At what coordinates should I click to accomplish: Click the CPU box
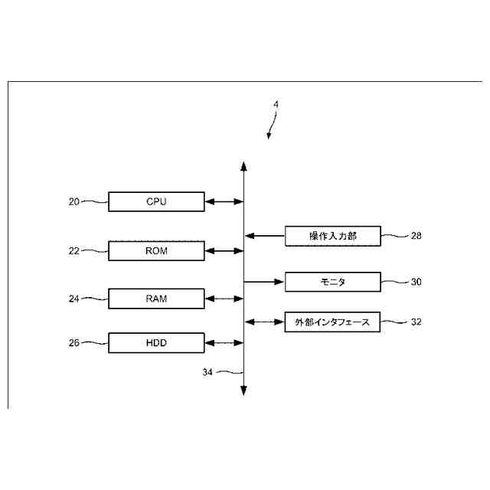156,201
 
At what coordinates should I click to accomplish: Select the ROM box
156,250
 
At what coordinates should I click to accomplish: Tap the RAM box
156,299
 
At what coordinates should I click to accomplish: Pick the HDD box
156,342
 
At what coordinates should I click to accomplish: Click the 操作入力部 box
332,236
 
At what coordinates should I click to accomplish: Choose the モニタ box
332,282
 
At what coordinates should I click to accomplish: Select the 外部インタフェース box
332,322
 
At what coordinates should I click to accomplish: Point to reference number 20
73,201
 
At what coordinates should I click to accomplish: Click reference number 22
73,250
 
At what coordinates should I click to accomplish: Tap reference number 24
73,299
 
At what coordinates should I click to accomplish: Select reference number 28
416,236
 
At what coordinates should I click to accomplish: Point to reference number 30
416,282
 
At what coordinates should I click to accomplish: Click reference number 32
416,322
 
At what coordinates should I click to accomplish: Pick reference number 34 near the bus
207,372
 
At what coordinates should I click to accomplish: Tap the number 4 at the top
276,105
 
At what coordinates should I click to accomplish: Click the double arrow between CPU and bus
224,201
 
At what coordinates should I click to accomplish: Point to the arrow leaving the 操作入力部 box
264,236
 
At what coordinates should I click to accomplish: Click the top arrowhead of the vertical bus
243,166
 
